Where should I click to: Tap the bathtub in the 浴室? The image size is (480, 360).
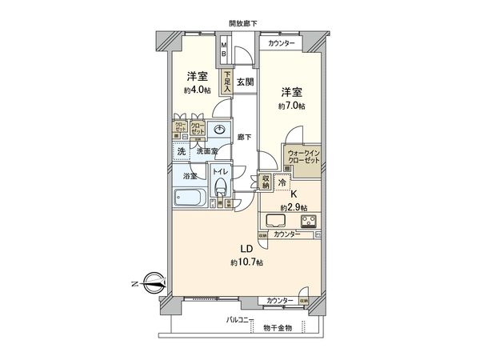pyautogui.click(x=190, y=198)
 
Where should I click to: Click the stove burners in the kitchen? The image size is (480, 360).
pyautogui.click(x=307, y=221)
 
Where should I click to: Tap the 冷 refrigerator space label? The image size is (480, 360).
pyautogui.click(x=282, y=182)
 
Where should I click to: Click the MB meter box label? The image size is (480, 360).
pyautogui.click(x=225, y=50)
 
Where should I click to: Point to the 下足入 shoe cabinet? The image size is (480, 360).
pyautogui.click(x=227, y=82)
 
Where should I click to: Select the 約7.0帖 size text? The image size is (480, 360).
pyautogui.click(x=293, y=106)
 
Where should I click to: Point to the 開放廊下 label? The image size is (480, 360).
pyautogui.click(x=243, y=24)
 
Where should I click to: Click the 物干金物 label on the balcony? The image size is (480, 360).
pyautogui.click(x=278, y=328)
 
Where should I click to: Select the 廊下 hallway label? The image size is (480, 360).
pyautogui.click(x=245, y=137)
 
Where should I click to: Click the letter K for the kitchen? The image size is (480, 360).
pyautogui.click(x=294, y=194)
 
